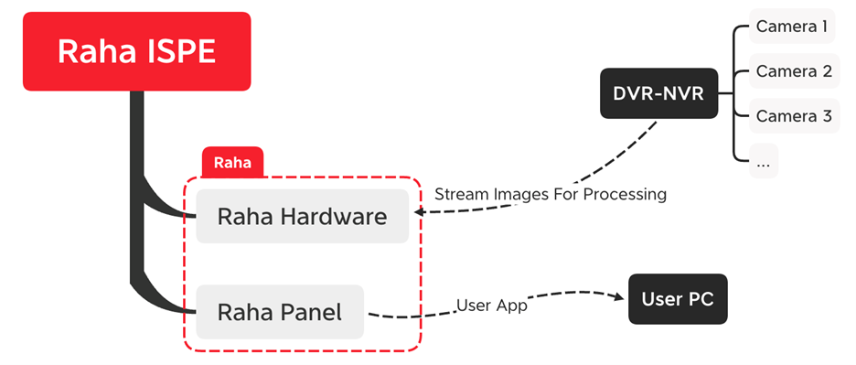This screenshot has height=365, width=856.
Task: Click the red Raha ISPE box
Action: pyautogui.click(x=136, y=51)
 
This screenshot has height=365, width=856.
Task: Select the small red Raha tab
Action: pyautogui.click(x=232, y=163)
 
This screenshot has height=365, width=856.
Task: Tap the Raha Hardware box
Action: pyautogui.click(x=302, y=217)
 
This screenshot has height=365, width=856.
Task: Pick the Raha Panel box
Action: pyautogui.click(x=280, y=312)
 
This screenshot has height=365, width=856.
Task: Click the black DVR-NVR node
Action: pyautogui.click(x=658, y=93)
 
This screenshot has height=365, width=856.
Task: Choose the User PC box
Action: pyautogui.click(x=678, y=299)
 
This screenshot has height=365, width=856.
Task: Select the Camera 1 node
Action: pyautogui.click(x=793, y=27)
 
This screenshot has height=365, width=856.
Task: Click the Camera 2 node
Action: pyautogui.click(x=793, y=71)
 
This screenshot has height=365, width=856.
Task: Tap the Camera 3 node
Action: pyautogui.click(x=793, y=116)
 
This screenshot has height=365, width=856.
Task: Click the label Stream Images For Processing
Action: pyautogui.click(x=551, y=194)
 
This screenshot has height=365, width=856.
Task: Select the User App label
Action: pyautogui.click(x=492, y=306)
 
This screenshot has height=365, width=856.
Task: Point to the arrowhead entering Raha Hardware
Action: pyautogui.click(x=420, y=213)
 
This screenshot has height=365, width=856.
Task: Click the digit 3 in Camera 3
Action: pyautogui.click(x=826, y=116)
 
